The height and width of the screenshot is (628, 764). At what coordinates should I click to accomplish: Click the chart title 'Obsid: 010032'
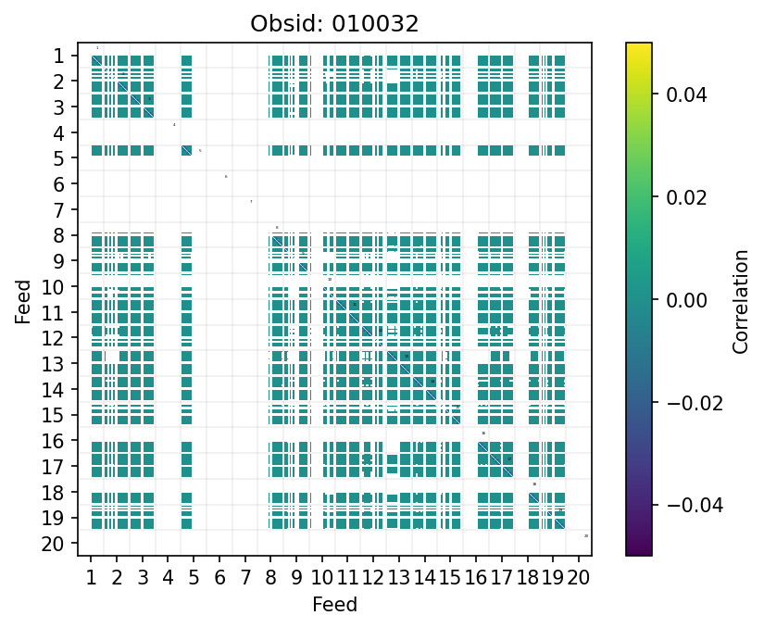(x=334, y=24)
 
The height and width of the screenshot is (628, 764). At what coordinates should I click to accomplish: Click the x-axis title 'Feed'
(x=334, y=605)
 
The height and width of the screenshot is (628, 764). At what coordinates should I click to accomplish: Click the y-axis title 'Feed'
(x=23, y=301)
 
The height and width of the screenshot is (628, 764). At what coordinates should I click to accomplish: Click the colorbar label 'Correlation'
(x=740, y=299)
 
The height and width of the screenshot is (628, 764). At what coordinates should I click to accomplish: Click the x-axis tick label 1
(x=91, y=579)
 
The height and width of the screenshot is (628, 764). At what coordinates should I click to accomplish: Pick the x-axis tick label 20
(x=579, y=579)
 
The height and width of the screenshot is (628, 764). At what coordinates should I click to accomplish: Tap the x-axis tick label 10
(x=322, y=579)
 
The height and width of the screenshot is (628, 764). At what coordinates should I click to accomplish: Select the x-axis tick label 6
(x=219, y=579)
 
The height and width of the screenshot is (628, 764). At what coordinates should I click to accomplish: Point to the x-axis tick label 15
(x=450, y=579)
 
